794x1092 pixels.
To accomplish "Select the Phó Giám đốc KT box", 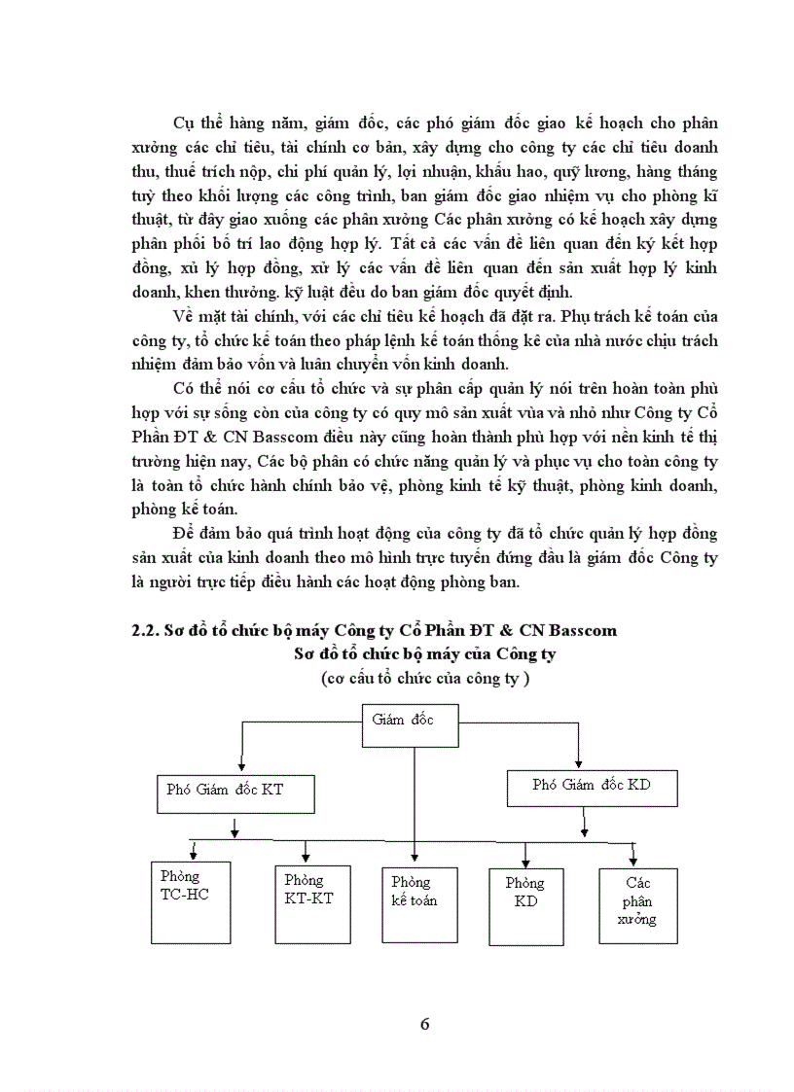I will (x=235, y=794).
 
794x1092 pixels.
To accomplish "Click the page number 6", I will (x=424, y=1024).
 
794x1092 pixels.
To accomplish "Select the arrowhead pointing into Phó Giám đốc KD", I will (x=579, y=762).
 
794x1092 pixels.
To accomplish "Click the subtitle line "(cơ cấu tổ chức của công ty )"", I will (x=425, y=679).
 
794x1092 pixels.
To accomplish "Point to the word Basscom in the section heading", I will (x=582, y=631).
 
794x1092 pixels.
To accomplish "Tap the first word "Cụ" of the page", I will (x=184, y=124).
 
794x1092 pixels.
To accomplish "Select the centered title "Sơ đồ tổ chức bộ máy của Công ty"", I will (x=424, y=654).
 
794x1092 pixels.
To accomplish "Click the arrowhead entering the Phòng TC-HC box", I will (x=195, y=856).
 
